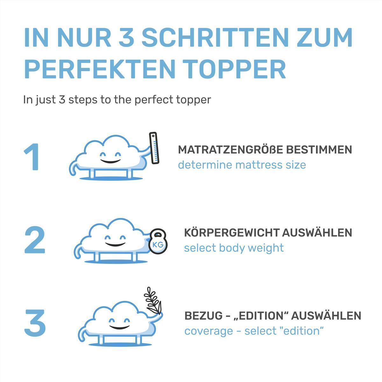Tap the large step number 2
(x=35, y=240)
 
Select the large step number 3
(x=35, y=323)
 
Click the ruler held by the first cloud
(x=154, y=148)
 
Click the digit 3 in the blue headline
(x=126, y=38)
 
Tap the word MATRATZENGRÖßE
(x=230, y=150)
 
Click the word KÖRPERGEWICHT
(x=232, y=233)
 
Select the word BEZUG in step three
(x=203, y=316)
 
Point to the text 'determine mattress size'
(x=242, y=165)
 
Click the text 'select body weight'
(x=234, y=248)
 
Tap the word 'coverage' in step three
(x=209, y=331)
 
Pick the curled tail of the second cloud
(x=79, y=252)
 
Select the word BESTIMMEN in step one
(x=319, y=150)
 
